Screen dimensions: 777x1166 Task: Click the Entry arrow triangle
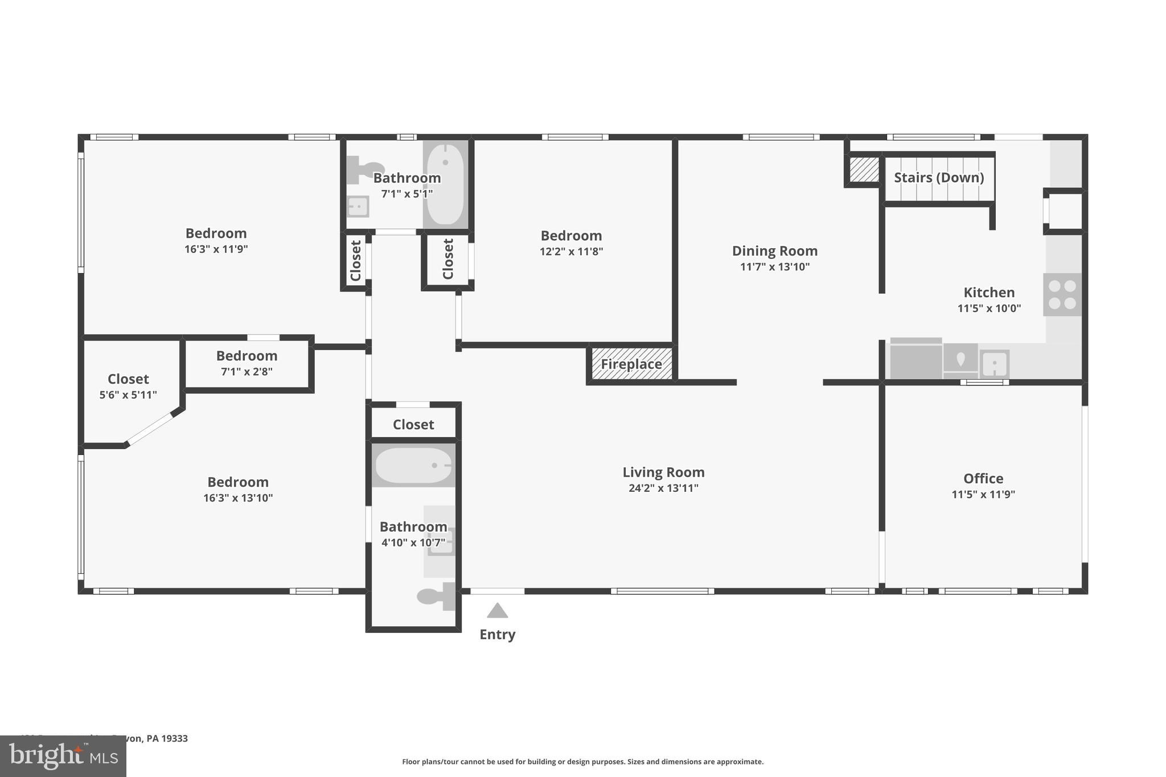pyautogui.click(x=497, y=611)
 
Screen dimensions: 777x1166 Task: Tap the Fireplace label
pyautogui.click(x=631, y=364)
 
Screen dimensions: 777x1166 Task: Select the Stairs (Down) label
pyautogui.click(x=939, y=178)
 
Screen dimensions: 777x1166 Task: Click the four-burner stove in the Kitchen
pyautogui.click(x=1062, y=294)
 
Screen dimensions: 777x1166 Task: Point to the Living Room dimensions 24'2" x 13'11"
pyautogui.click(x=663, y=488)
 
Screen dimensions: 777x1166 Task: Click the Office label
pyautogui.click(x=983, y=479)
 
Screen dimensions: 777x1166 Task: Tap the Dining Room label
pyautogui.click(x=774, y=251)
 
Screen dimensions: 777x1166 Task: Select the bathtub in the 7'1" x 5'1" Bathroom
pyautogui.click(x=445, y=184)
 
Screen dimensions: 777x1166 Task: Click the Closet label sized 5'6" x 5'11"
pyautogui.click(x=128, y=379)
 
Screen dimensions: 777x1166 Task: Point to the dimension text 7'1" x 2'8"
pyautogui.click(x=247, y=372)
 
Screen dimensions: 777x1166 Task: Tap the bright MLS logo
pyautogui.click(x=63, y=756)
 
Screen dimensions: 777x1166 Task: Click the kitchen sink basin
pyautogui.click(x=995, y=363)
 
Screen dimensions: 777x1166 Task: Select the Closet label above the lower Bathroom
pyautogui.click(x=413, y=425)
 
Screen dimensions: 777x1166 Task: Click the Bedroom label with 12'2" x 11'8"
pyautogui.click(x=571, y=236)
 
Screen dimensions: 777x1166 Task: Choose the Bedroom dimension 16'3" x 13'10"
pyautogui.click(x=238, y=498)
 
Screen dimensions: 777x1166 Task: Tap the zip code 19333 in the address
pyautogui.click(x=175, y=738)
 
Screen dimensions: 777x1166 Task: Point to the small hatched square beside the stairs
pyautogui.click(x=864, y=170)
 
